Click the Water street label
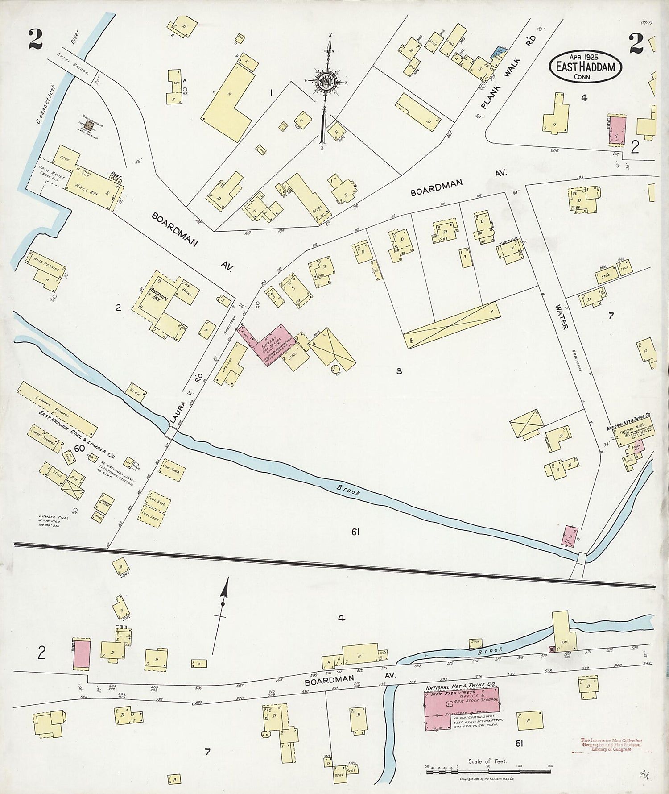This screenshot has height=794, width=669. pyautogui.click(x=562, y=316)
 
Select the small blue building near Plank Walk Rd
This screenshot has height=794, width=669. pyautogui.click(x=497, y=53)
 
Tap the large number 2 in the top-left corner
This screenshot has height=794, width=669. pyautogui.click(x=35, y=39)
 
